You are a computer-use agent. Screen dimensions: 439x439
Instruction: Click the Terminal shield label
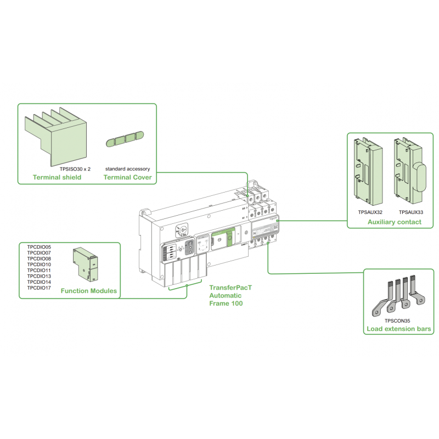point(57,177)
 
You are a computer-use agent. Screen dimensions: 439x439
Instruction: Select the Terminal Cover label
point(128,177)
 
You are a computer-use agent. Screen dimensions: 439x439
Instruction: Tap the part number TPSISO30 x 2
point(75,169)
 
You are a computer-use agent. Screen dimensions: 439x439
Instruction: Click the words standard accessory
point(127,169)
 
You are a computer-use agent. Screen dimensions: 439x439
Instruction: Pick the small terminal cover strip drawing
point(123,139)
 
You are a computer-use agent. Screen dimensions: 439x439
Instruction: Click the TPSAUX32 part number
point(370,211)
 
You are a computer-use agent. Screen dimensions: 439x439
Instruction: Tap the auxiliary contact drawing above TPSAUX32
point(367,170)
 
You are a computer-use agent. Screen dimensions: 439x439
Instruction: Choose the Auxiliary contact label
point(394,222)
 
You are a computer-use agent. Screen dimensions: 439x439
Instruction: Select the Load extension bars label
point(398,329)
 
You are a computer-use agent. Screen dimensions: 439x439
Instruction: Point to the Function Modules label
point(89,291)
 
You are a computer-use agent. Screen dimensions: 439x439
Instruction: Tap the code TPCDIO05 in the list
point(39,247)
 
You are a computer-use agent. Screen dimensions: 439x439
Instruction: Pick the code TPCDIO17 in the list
point(39,288)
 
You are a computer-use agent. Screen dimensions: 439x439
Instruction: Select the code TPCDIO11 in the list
point(39,271)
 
